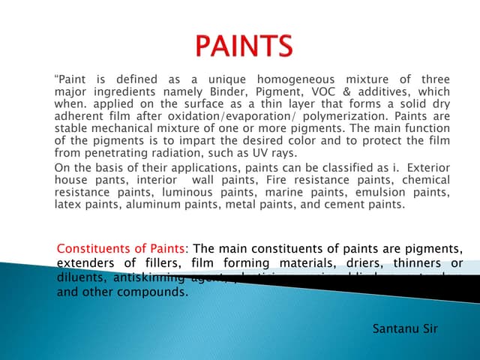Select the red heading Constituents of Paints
(x=123, y=249)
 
